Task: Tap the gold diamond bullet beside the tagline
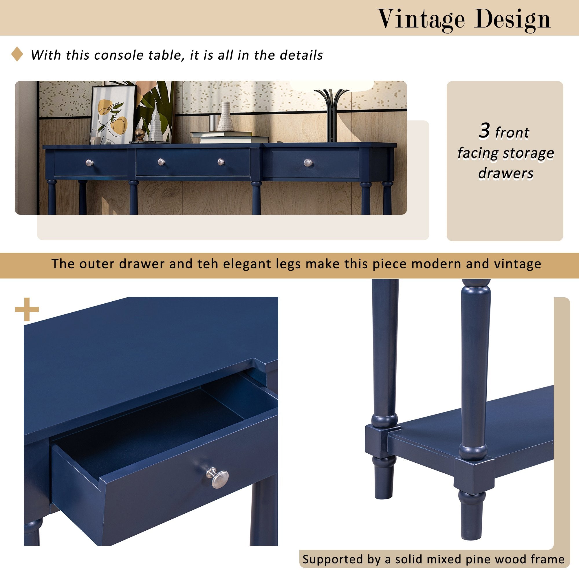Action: pyautogui.click(x=17, y=54)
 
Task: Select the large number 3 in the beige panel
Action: pyautogui.click(x=484, y=131)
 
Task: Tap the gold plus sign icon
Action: pyautogui.click(x=27, y=309)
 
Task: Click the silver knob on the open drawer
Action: pyautogui.click(x=220, y=478)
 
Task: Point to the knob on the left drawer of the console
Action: pyautogui.click(x=90, y=163)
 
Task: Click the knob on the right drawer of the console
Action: pyautogui.click(x=308, y=163)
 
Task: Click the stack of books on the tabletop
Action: pyautogui.click(x=230, y=137)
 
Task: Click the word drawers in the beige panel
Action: pyautogui.click(x=505, y=173)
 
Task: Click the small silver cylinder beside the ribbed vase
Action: pyautogui.click(x=212, y=123)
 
